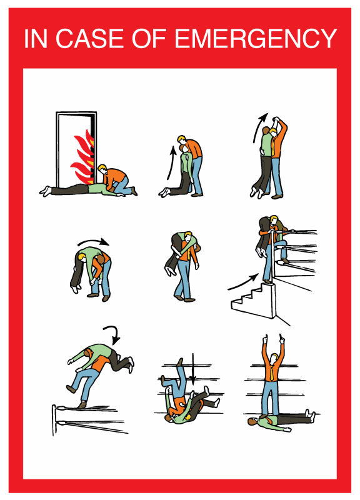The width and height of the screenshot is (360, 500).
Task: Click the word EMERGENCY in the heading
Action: click(x=256, y=38)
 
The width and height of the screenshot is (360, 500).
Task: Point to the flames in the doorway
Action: click(x=83, y=156)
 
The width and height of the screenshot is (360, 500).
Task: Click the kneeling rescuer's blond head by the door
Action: click(x=102, y=168)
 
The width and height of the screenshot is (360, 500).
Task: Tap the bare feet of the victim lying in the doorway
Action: click(x=45, y=191)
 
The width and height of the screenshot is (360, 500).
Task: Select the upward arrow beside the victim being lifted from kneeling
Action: click(x=171, y=162)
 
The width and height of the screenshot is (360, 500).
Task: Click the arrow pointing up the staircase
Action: click(x=244, y=282)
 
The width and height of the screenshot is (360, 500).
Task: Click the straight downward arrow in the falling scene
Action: click(x=192, y=368)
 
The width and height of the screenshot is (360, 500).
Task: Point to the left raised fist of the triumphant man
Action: click(x=264, y=339)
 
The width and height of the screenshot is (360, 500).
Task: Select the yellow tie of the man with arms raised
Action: click(x=272, y=371)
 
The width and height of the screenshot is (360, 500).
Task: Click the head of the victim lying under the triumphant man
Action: click(x=252, y=422)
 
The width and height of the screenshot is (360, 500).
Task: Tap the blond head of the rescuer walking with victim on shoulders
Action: click(x=189, y=237)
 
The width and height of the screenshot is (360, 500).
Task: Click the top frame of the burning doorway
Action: click(x=76, y=113)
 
